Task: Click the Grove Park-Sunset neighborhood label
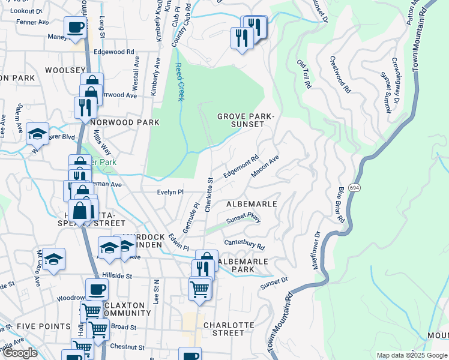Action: click(x=241, y=120)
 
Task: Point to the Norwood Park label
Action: click(x=126, y=122)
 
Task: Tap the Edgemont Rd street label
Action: click(x=241, y=166)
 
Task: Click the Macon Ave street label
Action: click(x=265, y=167)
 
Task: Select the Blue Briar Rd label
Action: click(x=340, y=205)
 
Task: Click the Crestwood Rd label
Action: click(x=340, y=74)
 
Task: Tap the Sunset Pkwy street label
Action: click(x=244, y=220)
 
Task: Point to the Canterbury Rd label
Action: click(x=244, y=244)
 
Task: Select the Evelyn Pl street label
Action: click(x=169, y=192)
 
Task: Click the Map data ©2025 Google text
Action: click(x=411, y=355)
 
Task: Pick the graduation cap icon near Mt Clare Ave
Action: click(x=53, y=259)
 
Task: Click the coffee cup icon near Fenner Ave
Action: click(x=76, y=27)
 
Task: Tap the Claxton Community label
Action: click(x=127, y=309)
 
